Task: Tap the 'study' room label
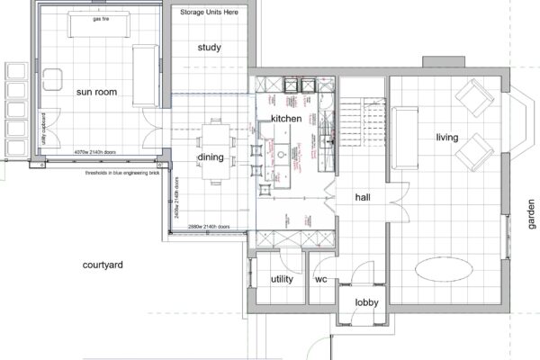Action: point(210,47)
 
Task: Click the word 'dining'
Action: point(210,157)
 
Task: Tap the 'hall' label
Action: point(363,196)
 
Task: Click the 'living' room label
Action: point(447,138)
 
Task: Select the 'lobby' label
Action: point(366,302)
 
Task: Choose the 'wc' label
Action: point(320,279)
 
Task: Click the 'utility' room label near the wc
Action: point(282,279)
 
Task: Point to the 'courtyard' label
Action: point(102,265)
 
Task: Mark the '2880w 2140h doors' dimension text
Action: point(205,227)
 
